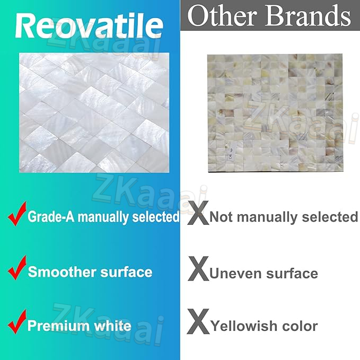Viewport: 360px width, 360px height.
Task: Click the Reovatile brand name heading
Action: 89,25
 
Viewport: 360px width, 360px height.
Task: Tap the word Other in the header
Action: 222,15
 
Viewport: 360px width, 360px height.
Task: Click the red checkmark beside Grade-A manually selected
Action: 17,214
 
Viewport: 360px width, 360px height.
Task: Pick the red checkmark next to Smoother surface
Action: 17,268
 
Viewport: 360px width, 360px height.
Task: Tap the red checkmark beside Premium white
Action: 17,322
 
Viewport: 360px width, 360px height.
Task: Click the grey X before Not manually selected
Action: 198,213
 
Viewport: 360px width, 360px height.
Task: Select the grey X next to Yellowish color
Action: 198,321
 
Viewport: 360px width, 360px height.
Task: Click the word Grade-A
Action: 51,216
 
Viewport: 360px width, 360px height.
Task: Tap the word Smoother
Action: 62,272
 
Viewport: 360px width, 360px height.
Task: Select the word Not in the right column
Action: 221,217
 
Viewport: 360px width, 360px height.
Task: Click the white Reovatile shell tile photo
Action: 94,112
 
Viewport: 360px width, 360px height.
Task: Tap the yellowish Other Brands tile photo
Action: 275,113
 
